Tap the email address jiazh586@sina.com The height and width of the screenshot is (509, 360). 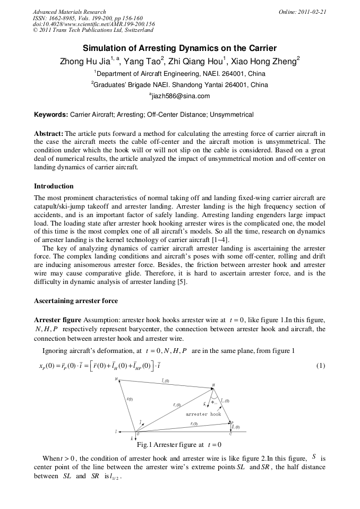click(x=180, y=96)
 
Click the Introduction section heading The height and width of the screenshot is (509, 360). click(x=54, y=186)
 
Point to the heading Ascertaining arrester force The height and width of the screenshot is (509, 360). click(x=76, y=301)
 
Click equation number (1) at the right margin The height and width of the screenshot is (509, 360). click(x=320, y=366)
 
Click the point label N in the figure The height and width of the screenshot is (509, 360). click(x=116, y=379)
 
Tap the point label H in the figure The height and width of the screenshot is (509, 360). click(x=213, y=385)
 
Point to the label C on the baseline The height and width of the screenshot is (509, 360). click(x=230, y=434)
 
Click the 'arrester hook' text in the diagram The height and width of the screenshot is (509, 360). click(x=203, y=414)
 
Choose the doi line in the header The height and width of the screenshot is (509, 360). click(x=93, y=24)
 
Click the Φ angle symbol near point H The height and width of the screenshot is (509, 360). click(x=212, y=402)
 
